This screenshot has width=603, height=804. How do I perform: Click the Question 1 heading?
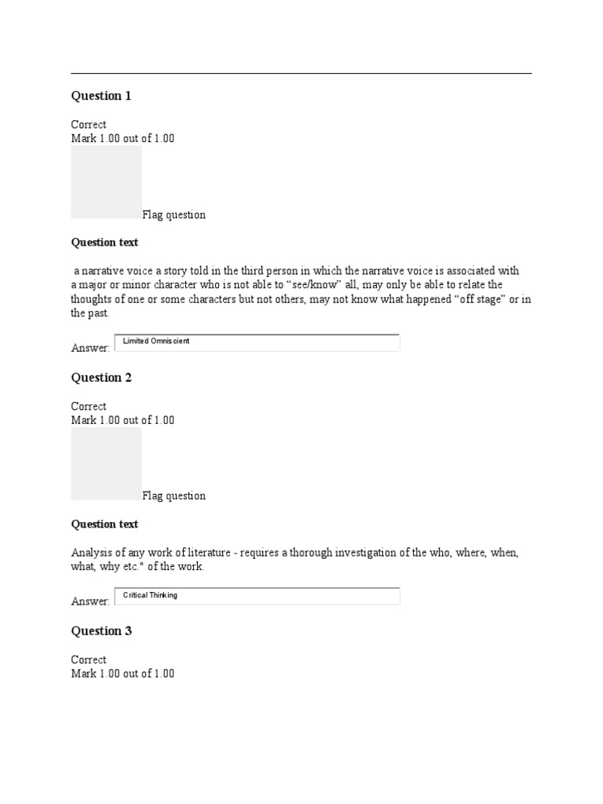click(101, 96)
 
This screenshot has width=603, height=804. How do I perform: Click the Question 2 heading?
click(101, 378)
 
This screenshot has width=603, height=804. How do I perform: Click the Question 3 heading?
click(101, 631)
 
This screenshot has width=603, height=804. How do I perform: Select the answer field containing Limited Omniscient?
click(258, 342)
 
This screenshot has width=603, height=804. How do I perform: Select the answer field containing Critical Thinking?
click(258, 596)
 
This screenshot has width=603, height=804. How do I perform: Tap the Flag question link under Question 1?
click(174, 215)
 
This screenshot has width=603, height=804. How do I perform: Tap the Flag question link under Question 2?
click(174, 496)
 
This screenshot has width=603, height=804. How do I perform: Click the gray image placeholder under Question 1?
click(106, 181)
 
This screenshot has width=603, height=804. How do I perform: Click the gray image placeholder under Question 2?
click(106, 463)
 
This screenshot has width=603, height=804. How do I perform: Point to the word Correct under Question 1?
click(89, 125)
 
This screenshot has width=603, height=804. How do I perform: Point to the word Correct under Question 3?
click(89, 660)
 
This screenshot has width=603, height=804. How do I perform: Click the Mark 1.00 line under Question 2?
click(122, 420)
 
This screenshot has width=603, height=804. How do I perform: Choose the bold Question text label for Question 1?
click(104, 243)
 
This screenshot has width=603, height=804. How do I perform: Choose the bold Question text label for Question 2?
click(104, 524)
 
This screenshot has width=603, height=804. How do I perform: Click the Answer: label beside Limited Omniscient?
click(90, 348)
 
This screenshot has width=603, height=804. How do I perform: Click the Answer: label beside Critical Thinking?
click(90, 601)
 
